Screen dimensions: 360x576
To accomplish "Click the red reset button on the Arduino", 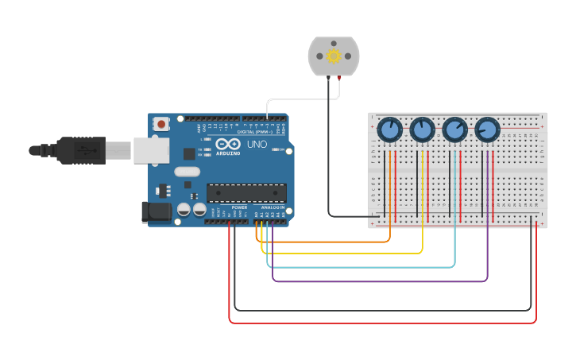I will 162,123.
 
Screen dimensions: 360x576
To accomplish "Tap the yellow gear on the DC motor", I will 334,56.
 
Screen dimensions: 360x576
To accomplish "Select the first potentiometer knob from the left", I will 390,129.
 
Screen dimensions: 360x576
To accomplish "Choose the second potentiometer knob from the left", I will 423,129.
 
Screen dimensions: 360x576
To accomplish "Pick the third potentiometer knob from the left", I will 454,129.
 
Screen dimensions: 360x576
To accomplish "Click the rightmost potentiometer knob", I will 487,129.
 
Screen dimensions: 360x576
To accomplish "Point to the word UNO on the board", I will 257,145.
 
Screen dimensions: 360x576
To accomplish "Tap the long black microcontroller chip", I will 246,192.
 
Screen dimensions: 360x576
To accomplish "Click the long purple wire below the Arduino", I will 381,281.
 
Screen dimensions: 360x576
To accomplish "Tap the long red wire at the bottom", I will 381,323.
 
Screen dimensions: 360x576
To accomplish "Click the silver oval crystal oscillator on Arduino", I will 187,172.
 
